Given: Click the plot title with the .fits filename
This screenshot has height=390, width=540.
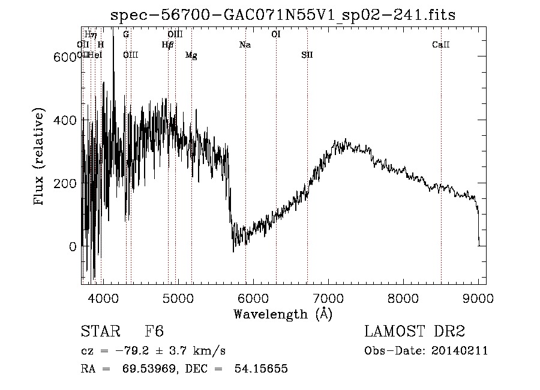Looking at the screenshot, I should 284,16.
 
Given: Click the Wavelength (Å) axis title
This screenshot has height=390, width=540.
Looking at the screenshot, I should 283,314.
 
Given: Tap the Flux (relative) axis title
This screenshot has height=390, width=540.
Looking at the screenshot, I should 40,158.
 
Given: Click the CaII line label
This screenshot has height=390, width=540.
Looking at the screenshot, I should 441,44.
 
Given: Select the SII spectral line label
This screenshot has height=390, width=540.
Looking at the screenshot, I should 307,55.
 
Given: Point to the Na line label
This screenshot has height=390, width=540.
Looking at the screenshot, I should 245,44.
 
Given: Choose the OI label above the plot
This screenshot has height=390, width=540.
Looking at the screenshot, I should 276,34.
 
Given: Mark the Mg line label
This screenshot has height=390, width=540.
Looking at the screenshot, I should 191,55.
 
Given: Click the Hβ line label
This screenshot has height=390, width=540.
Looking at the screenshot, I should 167,44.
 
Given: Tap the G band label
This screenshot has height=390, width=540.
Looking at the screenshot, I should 126,34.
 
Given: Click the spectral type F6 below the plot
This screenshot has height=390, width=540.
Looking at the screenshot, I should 154,332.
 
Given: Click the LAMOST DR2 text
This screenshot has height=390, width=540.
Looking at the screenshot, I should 415,332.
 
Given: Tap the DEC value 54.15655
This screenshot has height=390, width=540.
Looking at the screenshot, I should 262,369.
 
